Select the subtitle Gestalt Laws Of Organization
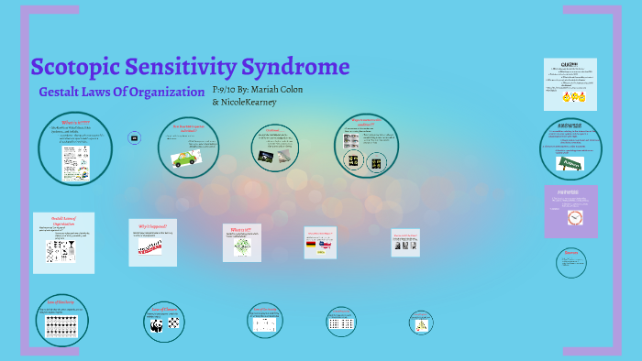pyautogui.click(x=121, y=92)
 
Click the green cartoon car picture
pyautogui.click(x=186, y=158)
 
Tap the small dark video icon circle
pyautogui.click(x=135, y=137)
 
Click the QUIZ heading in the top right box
pyautogui.click(x=570, y=63)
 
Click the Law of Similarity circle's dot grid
pyautogui.click(x=64, y=323)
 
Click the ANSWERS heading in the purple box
pyautogui.click(x=570, y=193)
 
